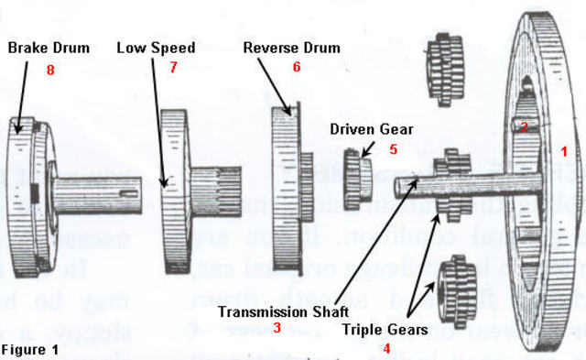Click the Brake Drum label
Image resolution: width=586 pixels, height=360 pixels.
tap(49, 48)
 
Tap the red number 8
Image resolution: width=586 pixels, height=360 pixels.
tap(50, 69)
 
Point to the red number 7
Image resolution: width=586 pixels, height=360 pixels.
tap(173, 67)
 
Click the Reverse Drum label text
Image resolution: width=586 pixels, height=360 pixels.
tap(291, 48)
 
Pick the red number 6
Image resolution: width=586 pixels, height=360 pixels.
tap(296, 68)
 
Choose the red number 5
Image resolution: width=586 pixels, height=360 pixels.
tap(392, 147)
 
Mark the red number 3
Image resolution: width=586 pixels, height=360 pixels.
tap(277, 328)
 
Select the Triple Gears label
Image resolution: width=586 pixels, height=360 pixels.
tap(385, 327)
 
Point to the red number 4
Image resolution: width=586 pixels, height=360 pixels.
tap(385, 348)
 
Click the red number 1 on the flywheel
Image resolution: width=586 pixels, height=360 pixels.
tap(564, 149)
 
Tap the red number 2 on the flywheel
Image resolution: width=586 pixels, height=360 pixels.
tap(524, 127)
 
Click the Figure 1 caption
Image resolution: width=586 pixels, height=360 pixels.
tap(29, 350)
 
